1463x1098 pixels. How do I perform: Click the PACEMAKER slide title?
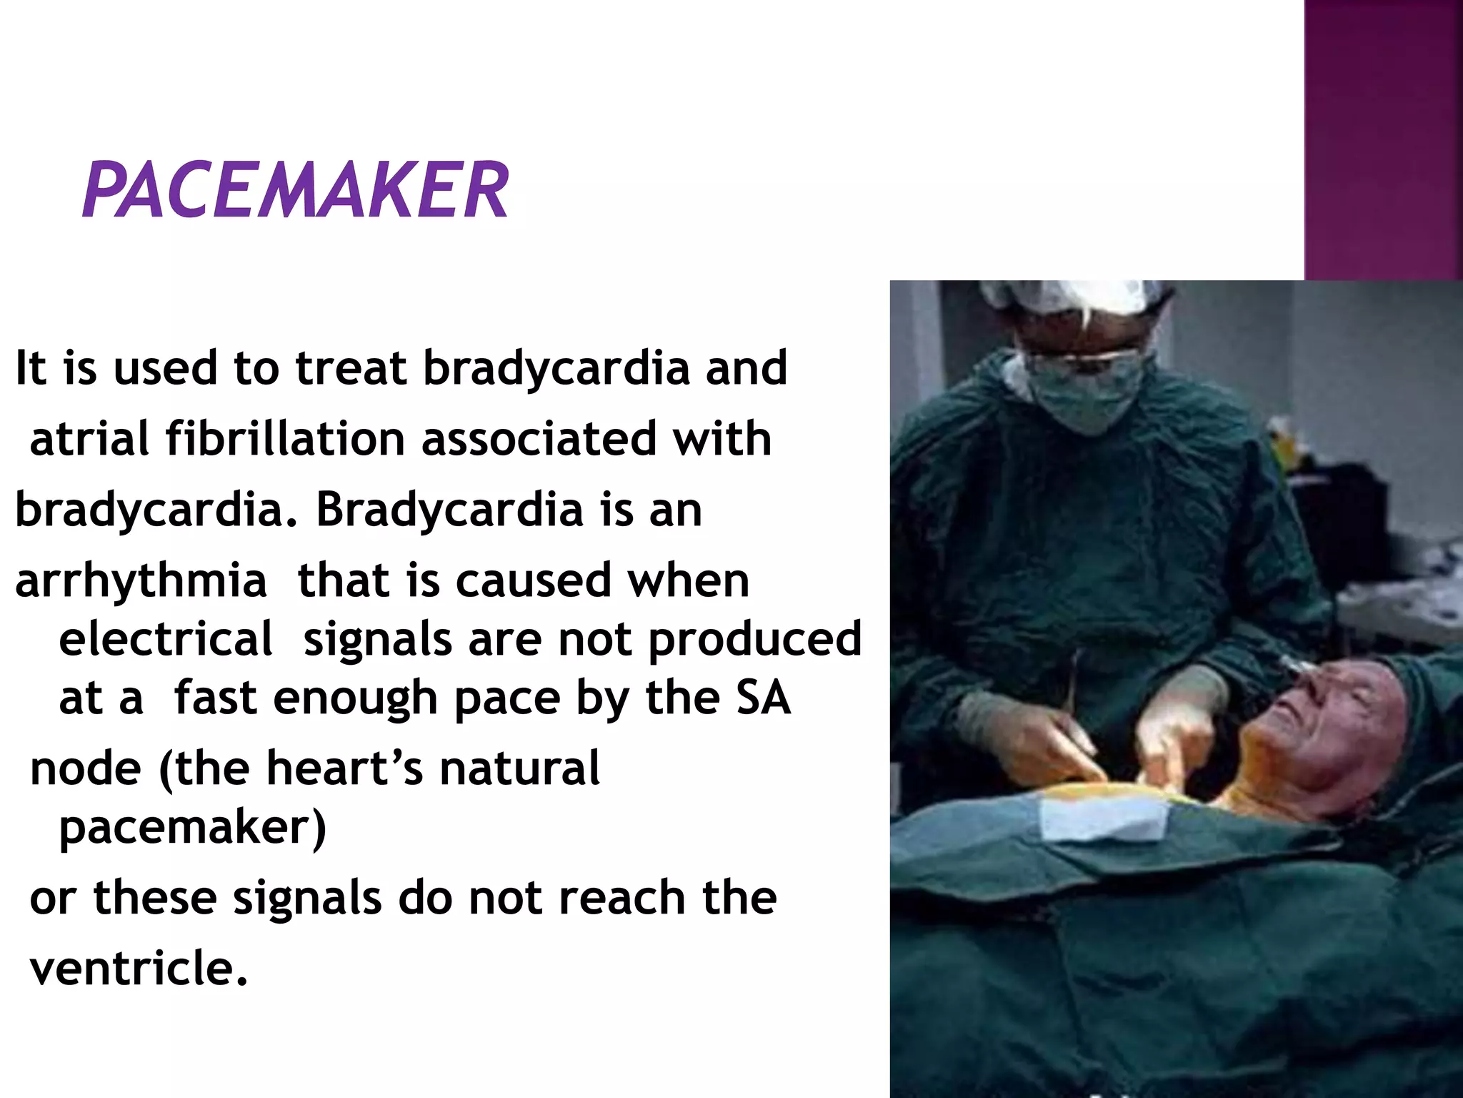(295, 189)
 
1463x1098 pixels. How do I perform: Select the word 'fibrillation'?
(285, 438)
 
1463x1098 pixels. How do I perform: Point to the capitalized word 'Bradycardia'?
(449, 510)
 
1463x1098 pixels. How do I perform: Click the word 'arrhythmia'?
(141, 580)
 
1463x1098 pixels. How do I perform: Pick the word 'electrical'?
(166, 638)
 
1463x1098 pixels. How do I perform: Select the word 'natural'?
(519, 768)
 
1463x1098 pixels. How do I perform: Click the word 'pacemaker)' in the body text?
(192, 828)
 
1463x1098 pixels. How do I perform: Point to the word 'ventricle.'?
(139, 968)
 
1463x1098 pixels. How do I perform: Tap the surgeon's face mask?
(1086, 400)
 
